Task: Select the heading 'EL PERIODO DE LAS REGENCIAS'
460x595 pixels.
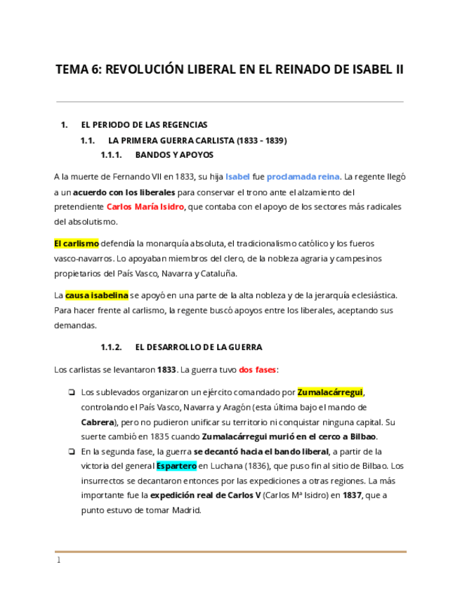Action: pos(144,125)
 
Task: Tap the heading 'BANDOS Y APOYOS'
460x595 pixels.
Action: pos(174,154)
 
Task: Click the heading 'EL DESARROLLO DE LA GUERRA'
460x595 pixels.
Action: pos(198,347)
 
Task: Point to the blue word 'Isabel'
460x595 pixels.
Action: pos(237,177)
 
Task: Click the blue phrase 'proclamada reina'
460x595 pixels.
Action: pos(303,177)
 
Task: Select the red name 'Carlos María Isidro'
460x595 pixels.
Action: pos(145,206)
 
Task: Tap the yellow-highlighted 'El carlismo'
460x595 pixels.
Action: pos(76,243)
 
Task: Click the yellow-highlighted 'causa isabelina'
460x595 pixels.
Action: pos(96,295)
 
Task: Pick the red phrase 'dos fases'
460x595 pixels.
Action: pos(258,369)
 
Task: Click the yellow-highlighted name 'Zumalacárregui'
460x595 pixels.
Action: pos(330,392)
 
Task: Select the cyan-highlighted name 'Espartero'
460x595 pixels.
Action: pos(176,465)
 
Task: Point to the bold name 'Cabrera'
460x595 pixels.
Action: pos(97,422)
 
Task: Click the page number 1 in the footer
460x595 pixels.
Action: pos(59,561)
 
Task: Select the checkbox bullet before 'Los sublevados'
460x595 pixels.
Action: pos(71,392)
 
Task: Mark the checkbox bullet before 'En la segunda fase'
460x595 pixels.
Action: pos(71,451)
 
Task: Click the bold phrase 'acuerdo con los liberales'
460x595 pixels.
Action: pos(124,192)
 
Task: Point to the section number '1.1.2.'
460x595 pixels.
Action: pos(111,347)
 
